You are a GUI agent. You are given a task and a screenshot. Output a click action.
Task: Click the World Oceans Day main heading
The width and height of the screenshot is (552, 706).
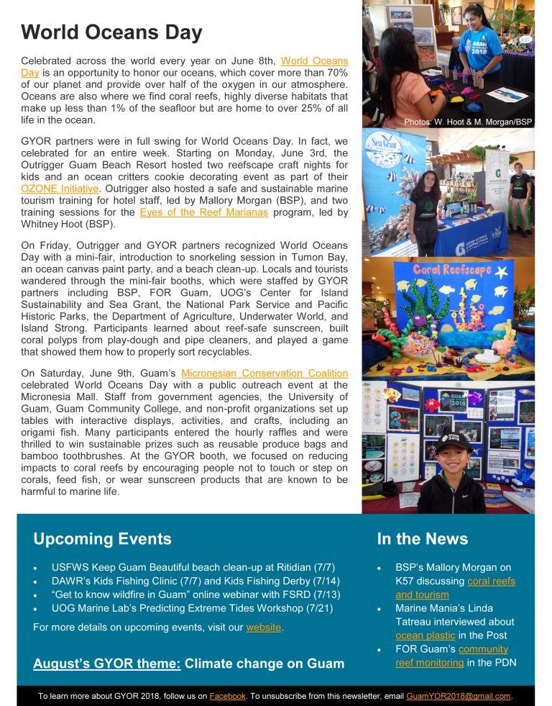click(111, 32)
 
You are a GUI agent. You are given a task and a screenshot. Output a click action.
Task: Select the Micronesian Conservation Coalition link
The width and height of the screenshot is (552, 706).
click(264, 373)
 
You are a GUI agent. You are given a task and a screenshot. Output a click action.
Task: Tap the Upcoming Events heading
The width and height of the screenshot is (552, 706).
click(102, 539)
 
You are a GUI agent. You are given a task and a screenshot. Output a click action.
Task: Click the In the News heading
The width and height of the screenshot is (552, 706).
click(422, 539)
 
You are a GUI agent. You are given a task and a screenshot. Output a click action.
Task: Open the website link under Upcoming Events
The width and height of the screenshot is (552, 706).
click(263, 628)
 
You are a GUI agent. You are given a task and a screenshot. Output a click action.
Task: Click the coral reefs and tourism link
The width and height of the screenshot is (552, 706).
click(454, 588)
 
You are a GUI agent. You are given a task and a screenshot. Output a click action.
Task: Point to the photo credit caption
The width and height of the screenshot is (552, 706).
click(467, 122)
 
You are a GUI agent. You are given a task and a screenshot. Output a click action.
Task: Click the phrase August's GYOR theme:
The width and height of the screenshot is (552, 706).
click(106, 663)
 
